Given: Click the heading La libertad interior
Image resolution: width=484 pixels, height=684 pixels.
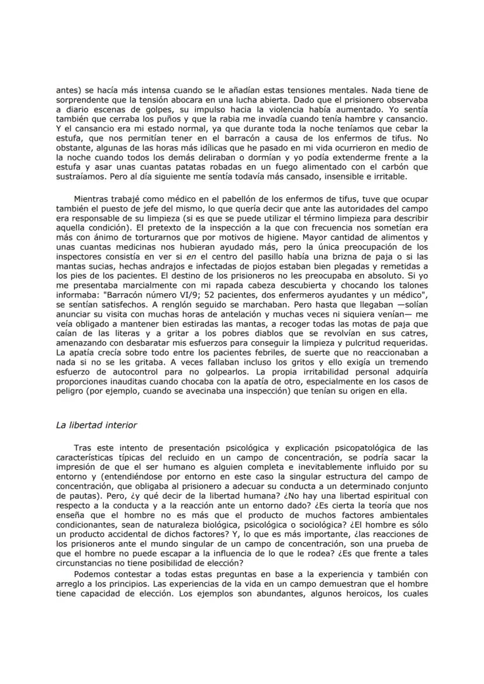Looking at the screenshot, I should coord(96,425).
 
